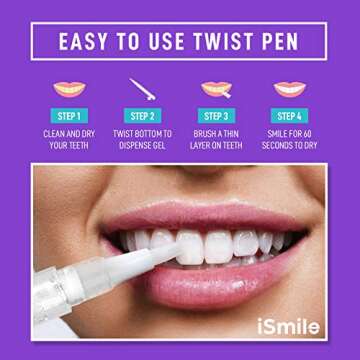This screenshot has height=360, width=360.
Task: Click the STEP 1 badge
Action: coord(67,116)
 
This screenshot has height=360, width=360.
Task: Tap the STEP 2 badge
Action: coord(142,116)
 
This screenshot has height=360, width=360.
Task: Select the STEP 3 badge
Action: coord(216,116)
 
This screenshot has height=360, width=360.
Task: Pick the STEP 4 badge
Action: coord(290,116)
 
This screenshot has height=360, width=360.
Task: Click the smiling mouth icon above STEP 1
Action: coord(67,89)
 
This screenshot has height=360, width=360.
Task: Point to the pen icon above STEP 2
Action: coord(142,89)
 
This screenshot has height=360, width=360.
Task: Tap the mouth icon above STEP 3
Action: coord(216,89)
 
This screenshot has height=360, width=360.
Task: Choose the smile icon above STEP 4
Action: coord(290,89)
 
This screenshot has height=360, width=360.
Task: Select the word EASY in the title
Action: coord(87,42)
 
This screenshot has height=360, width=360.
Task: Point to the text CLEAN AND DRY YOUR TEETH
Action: coord(67,139)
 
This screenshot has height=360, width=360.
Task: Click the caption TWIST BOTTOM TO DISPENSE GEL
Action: coord(142,139)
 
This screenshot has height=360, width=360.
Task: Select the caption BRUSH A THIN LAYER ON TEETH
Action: coord(216,139)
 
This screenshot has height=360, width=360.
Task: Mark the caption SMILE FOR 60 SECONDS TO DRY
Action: coord(290,139)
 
